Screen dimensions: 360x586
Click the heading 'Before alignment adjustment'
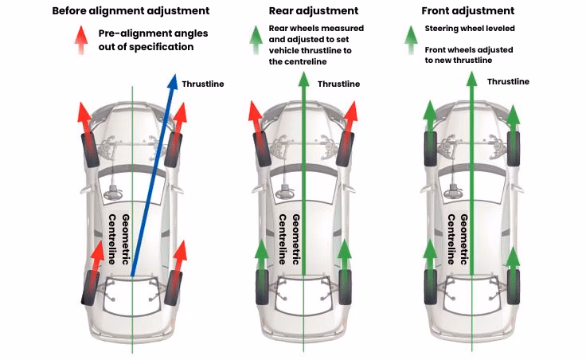tap(131, 11)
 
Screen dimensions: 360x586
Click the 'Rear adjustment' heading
tap(304, 11)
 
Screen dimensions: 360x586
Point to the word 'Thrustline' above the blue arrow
tap(203, 84)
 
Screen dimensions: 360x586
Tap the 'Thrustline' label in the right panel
tap(508, 81)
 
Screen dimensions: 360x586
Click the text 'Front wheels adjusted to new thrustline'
tap(468, 54)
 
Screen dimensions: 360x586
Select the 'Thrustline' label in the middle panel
tap(338, 84)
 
